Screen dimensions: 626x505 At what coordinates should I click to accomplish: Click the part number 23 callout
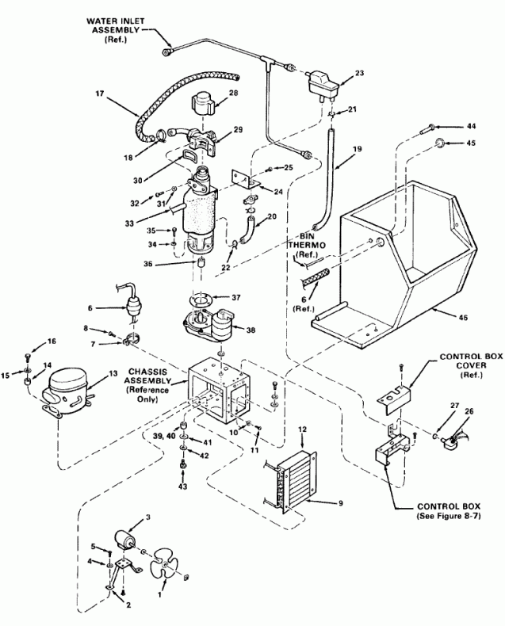tap(359, 73)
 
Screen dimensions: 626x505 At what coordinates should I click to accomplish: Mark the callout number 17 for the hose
tap(100, 93)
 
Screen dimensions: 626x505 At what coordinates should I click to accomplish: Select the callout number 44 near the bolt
tap(472, 126)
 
